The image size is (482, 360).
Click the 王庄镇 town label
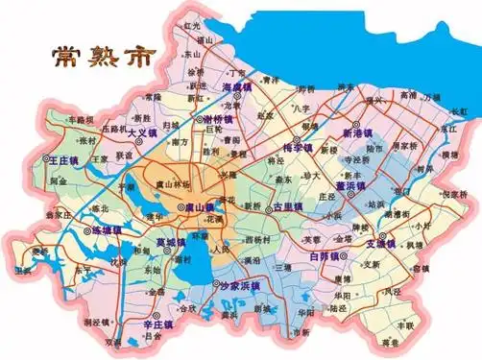[63, 162]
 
